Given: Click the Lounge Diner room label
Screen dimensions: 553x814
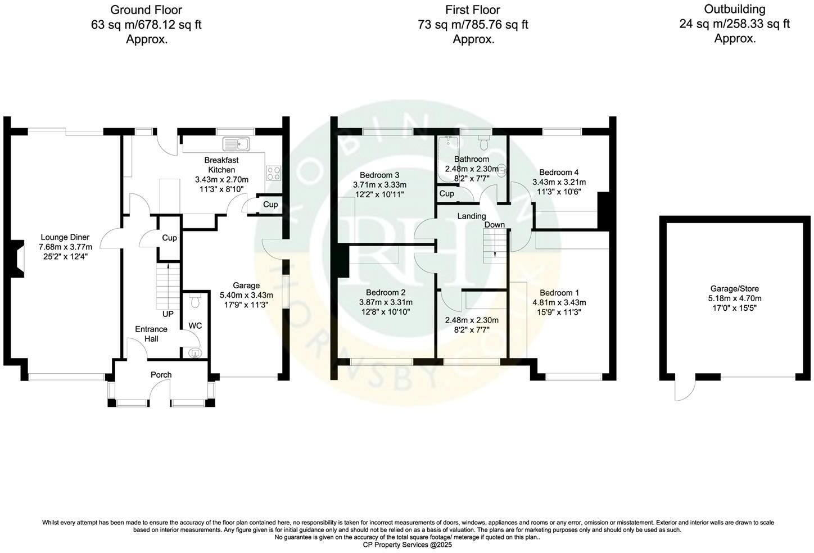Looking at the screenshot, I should (64, 237).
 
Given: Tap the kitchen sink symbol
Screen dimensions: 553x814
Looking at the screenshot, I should (236, 144).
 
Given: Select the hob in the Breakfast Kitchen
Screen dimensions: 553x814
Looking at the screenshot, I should (273, 173).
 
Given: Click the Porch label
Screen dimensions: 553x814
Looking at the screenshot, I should (161, 375).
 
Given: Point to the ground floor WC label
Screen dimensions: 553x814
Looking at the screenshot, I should (195, 325).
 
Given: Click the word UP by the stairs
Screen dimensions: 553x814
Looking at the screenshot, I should (168, 314).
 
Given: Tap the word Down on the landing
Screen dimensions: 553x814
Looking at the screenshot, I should (495, 225).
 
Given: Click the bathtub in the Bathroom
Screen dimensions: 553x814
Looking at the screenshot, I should (448, 160).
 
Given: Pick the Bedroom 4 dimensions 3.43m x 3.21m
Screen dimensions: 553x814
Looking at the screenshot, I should (559, 182).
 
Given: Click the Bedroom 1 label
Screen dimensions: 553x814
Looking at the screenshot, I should (559, 293).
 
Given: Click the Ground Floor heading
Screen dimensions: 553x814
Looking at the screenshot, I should (146, 10).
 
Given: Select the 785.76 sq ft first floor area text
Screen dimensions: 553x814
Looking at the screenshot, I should (497, 25).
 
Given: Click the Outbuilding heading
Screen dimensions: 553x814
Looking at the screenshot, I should (735, 9).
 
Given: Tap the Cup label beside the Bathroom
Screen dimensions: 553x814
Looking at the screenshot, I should (446, 193).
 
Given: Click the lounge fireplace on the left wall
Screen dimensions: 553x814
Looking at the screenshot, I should (19, 259).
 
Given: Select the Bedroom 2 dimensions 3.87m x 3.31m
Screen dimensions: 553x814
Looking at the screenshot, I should (385, 302).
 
